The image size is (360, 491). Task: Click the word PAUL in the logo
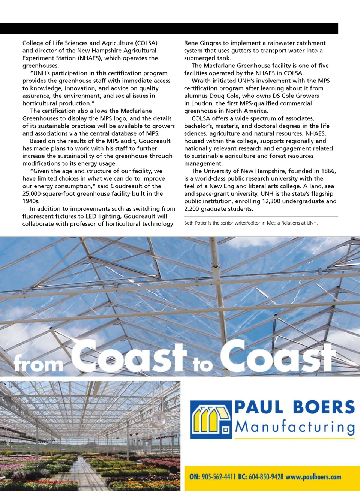(259, 407)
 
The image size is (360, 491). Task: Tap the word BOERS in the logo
(324, 407)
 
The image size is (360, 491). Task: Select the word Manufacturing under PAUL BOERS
(295, 427)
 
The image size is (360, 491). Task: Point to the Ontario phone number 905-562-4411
(219, 477)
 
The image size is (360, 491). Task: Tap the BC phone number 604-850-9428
(266, 477)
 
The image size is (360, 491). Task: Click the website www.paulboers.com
(313, 477)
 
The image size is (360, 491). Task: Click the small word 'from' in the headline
(38, 364)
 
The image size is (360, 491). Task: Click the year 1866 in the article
(328, 171)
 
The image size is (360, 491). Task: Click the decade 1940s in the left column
(31, 201)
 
